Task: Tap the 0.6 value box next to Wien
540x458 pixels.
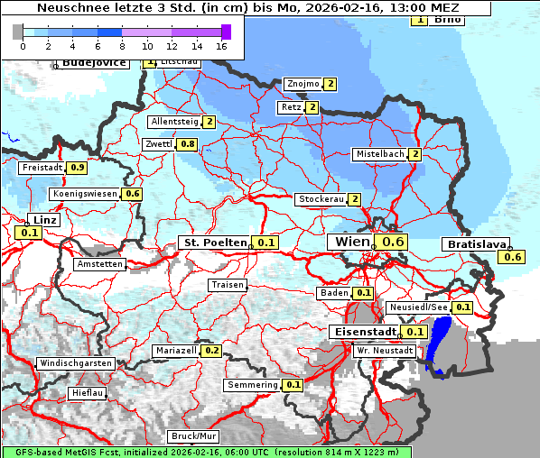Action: pos(394,242)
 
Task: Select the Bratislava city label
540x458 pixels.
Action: pos(474,244)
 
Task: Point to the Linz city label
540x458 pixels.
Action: pos(43,220)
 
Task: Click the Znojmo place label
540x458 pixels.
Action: pos(302,84)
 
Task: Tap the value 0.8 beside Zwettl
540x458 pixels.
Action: pos(187,144)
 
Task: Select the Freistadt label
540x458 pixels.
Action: pos(42,168)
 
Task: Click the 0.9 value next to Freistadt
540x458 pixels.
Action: pos(78,168)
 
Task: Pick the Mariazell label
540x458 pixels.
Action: pos(176,350)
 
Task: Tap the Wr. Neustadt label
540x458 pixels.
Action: pos(385,350)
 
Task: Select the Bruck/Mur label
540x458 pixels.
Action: pos(193,435)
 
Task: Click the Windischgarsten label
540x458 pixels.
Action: pos(75,363)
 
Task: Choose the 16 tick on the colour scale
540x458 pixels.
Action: pos(222,44)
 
